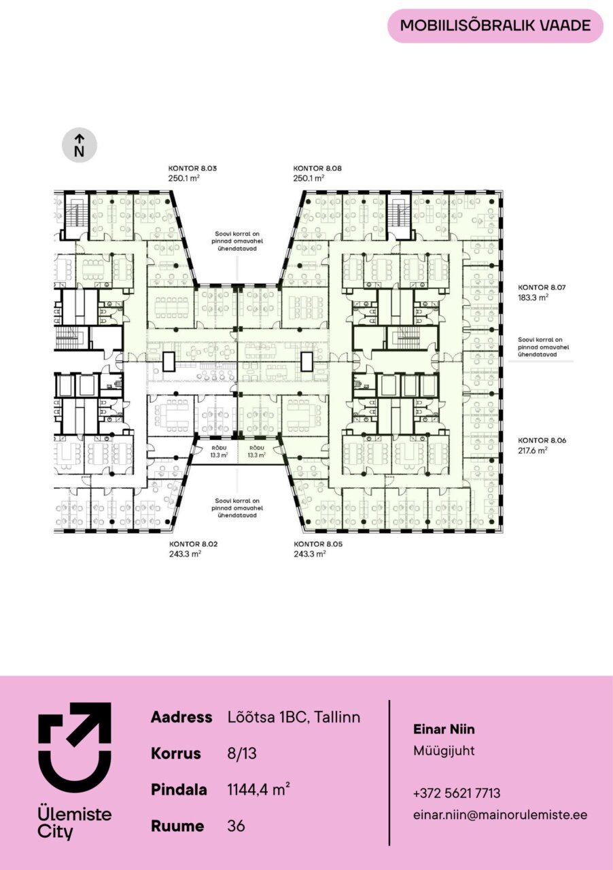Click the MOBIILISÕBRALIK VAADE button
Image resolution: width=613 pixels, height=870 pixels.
(495, 26)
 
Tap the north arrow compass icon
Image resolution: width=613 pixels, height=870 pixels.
(80, 145)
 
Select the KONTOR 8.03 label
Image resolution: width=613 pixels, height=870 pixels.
(193, 169)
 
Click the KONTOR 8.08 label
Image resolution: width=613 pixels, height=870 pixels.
(317, 169)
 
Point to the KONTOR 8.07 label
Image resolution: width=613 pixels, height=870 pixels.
(542, 288)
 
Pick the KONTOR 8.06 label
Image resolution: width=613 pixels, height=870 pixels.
(542, 440)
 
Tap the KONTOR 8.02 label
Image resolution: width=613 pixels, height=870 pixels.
(194, 544)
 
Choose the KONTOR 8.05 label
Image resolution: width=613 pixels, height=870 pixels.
(318, 544)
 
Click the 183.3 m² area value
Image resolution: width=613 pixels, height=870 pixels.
(533, 298)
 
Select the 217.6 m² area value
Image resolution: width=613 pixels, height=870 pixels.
(533, 450)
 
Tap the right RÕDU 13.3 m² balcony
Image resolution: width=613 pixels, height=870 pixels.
(257, 452)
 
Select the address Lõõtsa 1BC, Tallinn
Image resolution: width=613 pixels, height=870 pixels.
(294, 717)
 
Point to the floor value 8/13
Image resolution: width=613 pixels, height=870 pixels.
(242, 754)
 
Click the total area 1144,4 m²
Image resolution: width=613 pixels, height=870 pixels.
(258, 790)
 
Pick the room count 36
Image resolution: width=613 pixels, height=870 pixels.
(237, 826)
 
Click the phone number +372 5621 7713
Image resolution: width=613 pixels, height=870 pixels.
(457, 793)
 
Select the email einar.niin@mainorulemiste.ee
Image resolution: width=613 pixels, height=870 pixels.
(500, 815)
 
